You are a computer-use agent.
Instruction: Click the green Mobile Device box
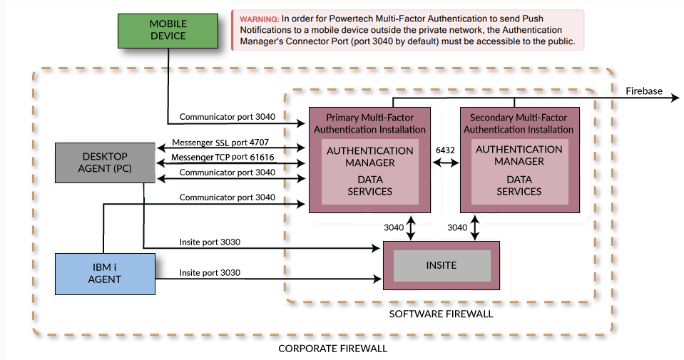[168, 30]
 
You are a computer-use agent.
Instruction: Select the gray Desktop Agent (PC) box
[104, 162]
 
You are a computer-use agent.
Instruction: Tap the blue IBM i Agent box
[104, 273]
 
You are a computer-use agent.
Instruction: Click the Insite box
[441, 265]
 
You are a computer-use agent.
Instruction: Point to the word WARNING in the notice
[259, 19]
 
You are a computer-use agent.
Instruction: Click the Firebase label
[643, 91]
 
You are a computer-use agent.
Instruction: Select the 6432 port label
[445, 150]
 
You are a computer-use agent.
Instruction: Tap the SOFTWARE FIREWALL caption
[440, 314]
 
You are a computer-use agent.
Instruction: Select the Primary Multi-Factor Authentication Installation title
[369, 123]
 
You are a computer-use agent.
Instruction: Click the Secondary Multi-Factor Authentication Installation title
[519, 123]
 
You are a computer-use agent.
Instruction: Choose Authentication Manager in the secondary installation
[519, 155]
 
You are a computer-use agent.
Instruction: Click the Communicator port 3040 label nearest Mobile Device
[227, 116]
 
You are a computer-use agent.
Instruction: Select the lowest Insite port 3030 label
[210, 272]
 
